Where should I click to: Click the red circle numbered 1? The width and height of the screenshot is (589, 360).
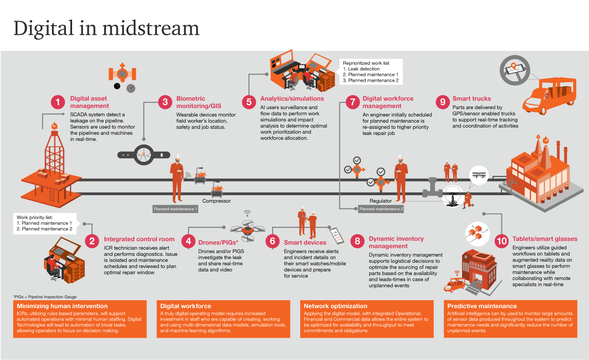(58, 102)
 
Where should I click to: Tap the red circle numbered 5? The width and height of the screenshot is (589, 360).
(249, 102)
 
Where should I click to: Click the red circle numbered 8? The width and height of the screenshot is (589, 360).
(357, 241)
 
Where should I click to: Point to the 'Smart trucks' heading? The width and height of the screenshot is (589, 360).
(472, 99)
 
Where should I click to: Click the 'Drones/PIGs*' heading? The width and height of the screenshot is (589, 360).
(218, 242)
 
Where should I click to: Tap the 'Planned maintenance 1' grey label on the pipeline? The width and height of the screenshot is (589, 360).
(175, 209)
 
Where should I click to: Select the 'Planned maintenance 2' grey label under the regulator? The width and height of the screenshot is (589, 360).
(381, 209)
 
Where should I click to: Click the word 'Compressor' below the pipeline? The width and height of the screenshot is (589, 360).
(216, 201)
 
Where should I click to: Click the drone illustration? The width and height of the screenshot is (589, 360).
(248, 229)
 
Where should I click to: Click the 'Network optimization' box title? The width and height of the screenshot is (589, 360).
(335, 306)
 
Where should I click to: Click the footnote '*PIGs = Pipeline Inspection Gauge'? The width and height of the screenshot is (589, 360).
(45, 297)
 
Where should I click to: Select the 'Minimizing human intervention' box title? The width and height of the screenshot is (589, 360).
(62, 306)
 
